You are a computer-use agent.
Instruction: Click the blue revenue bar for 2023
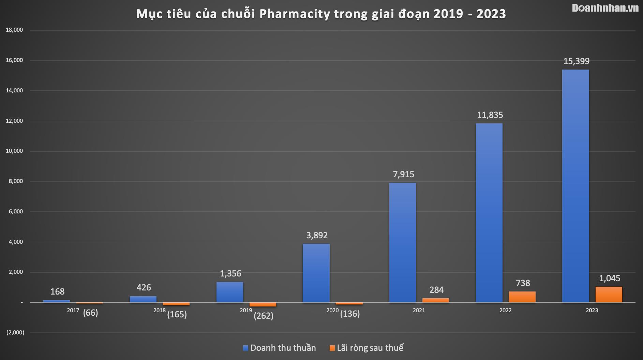coord(575,186)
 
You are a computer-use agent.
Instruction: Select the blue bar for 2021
coord(402,242)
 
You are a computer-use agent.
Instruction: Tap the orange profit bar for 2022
coord(522,297)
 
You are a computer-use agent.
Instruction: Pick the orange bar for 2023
coord(609,295)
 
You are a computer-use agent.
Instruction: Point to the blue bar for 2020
coord(316,273)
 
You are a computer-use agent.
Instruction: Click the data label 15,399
coord(576,61)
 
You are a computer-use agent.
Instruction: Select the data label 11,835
coord(490,115)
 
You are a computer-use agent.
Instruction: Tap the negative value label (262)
coord(264,316)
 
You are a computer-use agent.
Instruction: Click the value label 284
coord(436,290)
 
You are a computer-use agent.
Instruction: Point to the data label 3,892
coord(317,236)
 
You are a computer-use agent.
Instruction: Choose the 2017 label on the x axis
coord(73,311)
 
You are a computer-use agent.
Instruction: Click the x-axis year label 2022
coord(505,311)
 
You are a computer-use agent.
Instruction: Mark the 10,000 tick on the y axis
coord(14,151)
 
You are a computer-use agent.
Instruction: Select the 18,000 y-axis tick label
coord(14,30)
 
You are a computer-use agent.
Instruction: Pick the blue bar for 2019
coord(229,292)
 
